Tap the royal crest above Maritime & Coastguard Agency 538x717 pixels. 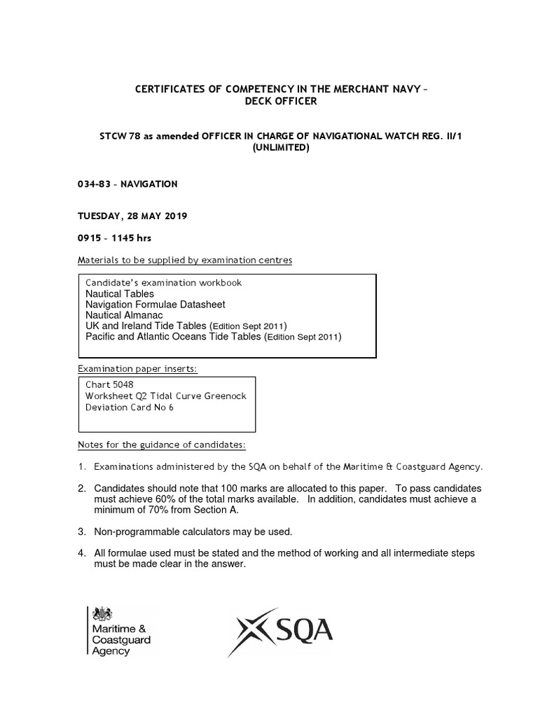pyautogui.click(x=102, y=614)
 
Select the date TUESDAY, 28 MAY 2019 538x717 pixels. pyautogui.click(x=127, y=216)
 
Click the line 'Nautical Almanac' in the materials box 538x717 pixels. pyautogui.click(x=124, y=315)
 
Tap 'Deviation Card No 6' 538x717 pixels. pyautogui.click(x=130, y=408)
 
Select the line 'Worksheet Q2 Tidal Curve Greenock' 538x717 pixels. pyautogui.click(x=166, y=396)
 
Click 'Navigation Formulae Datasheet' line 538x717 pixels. pyautogui.click(x=156, y=305)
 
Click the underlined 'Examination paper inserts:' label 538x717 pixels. pyautogui.click(x=141, y=368)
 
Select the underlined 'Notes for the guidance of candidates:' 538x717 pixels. pyautogui.click(x=162, y=445)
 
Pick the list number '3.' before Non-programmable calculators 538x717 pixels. pyautogui.click(x=81, y=531)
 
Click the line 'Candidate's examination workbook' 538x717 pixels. pyautogui.click(x=163, y=283)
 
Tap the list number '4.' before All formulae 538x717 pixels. pyautogui.click(x=81, y=553)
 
